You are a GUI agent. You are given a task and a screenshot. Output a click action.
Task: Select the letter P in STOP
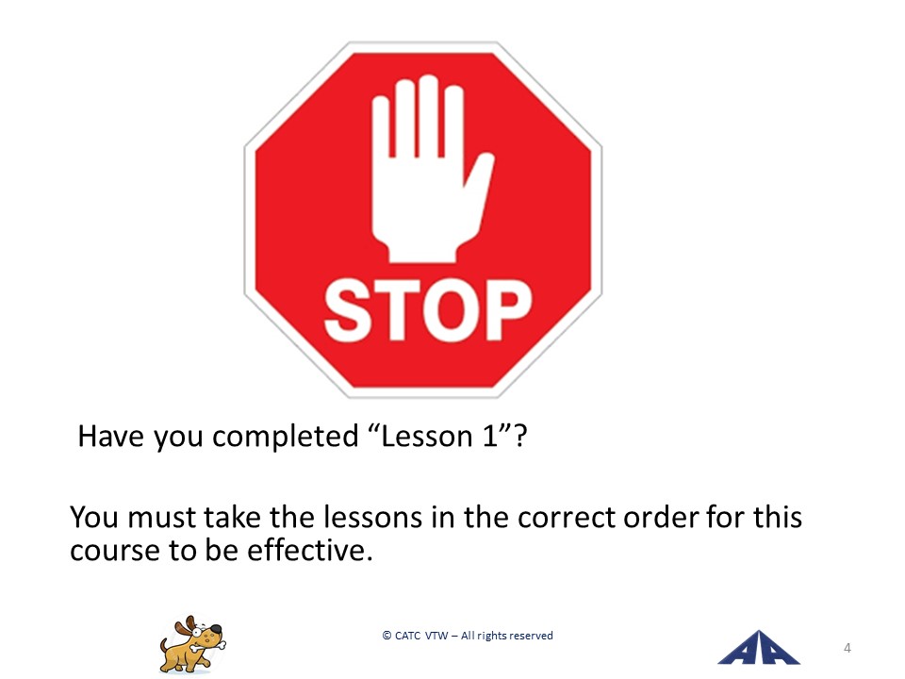point(506,309)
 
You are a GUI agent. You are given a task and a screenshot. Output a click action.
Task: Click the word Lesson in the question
point(426,437)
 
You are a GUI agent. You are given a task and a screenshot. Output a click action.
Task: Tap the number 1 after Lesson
point(490,437)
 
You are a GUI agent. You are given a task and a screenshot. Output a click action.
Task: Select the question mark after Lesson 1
point(519,437)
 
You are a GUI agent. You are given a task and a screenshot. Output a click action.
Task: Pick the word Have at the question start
point(110,437)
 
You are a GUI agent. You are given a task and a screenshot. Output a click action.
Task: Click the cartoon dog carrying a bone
point(192,645)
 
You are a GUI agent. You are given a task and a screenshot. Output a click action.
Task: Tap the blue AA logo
point(758,648)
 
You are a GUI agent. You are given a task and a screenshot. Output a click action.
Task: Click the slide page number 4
point(847,648)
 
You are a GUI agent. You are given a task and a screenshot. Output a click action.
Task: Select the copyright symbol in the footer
point(387,636)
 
